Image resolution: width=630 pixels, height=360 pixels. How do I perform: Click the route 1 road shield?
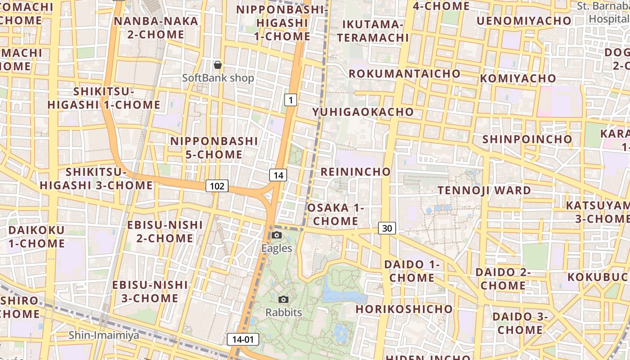point(291,100)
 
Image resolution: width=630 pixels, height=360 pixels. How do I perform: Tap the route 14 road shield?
point(278,175)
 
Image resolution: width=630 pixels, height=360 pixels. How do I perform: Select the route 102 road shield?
point(217,185)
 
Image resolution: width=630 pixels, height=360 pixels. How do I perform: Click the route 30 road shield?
point(387,228)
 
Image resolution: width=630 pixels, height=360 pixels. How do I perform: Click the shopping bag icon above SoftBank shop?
point(218,65)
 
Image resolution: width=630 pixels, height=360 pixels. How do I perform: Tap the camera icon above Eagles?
point(277,235)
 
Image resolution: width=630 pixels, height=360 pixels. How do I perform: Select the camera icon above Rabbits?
point(283,299)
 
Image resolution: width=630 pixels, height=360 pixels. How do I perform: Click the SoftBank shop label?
point(218,78)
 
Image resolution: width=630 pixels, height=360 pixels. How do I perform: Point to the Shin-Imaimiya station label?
point(104,335)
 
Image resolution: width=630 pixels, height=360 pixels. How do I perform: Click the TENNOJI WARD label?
point(484,190)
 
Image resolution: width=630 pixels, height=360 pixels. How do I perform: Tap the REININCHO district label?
point(355,171)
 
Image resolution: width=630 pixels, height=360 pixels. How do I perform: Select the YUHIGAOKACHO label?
point(363,112)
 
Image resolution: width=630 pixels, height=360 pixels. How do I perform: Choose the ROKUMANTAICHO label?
point(405,73)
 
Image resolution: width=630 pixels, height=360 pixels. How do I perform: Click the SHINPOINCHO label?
point(527,139)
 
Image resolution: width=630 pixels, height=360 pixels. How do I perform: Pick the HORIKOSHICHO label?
point(404,309)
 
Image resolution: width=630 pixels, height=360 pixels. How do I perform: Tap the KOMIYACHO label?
point(518,78)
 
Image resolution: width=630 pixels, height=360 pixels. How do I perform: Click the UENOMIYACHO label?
point(523,21)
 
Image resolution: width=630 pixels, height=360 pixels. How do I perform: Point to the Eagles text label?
point(277,248)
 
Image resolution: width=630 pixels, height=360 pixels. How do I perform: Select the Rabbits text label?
point(283,312)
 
